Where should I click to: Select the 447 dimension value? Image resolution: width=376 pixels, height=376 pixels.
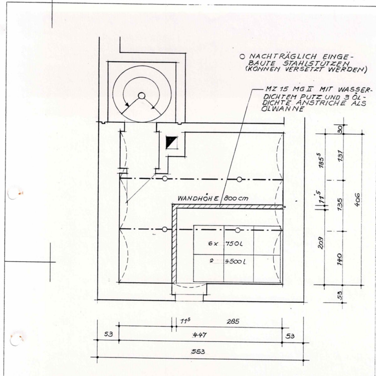pos(201,334)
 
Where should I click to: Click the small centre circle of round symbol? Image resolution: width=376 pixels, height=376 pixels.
pos(141,95)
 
